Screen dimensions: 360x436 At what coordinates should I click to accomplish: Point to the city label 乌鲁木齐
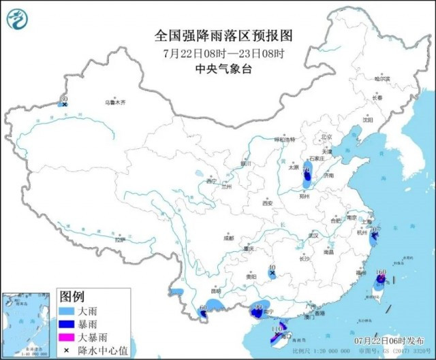114,103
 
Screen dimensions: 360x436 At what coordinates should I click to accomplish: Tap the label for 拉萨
120,240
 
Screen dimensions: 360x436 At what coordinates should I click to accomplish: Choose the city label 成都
227,238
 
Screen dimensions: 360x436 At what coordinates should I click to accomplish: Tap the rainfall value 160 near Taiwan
381,272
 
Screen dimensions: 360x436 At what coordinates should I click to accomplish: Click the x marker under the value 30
64,105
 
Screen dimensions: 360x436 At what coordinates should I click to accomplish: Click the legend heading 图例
72,297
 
